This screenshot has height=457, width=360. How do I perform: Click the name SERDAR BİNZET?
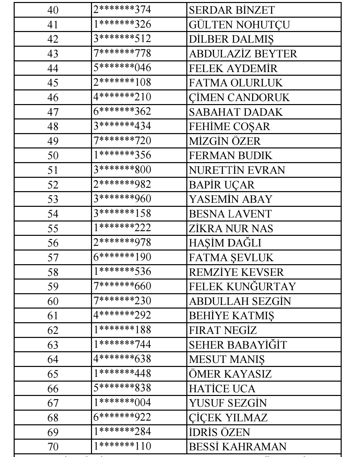pyautogui.click(x=227, y=10)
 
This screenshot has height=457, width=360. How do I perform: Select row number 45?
pyautogui.click(x=53, y=83)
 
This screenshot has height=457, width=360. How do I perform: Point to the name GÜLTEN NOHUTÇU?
pyautogui.click(x=239, y=25)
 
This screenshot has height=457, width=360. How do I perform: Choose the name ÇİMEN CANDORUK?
pyautogui.click(x=239, y=97)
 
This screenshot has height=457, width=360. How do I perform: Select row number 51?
pyautogui.click(x=53, y=170)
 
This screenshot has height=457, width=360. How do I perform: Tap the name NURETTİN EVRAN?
pyautogui.click(x=237, y=170)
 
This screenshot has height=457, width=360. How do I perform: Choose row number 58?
pyautogui.click(x=53, y=272)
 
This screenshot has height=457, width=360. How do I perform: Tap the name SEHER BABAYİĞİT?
pyautogui.click(x=238, y=345)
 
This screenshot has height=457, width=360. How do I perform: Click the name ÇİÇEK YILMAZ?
pyautogui.click(x=228, y=418)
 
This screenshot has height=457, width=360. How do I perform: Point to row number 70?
pyautogui.click(x=53, y=447)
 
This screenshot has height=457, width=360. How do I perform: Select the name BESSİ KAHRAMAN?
pyautogui.click(x=238, y=446)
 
